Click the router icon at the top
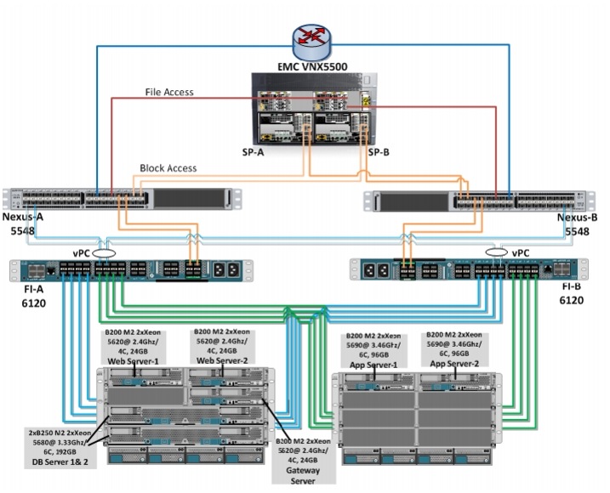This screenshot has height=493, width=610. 305,37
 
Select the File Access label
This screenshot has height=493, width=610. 169,92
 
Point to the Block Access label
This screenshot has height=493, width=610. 168,168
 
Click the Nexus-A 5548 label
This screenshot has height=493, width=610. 25,223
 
